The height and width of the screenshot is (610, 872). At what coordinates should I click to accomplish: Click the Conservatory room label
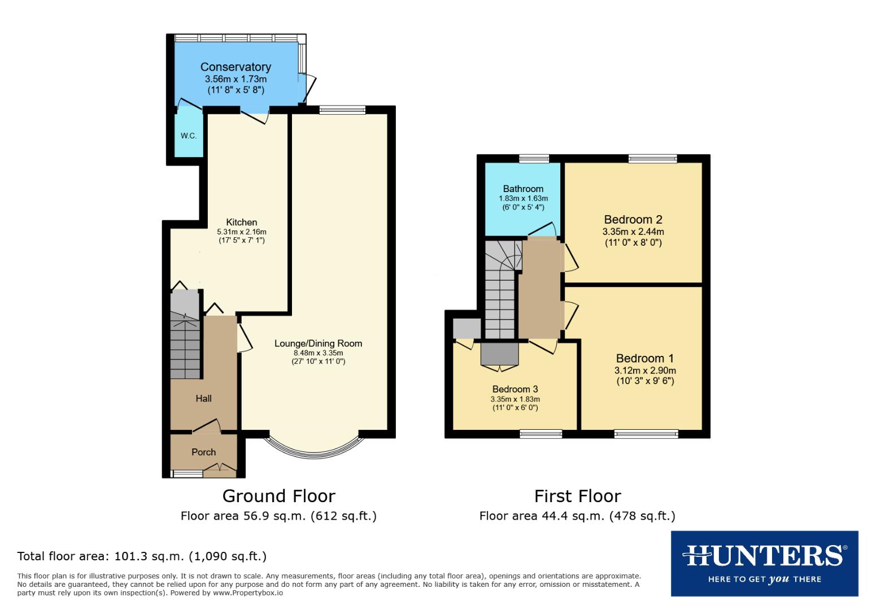pos(236,67)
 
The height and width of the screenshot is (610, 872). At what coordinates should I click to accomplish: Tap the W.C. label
pos(189,136)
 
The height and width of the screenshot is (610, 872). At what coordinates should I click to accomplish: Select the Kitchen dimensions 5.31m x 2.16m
pos(241,232)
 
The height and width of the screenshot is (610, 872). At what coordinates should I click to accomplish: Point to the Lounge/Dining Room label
pos(318,343)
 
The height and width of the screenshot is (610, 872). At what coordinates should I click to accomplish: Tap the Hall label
pos(203,399)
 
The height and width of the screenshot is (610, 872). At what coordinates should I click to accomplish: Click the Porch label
pos(203,452)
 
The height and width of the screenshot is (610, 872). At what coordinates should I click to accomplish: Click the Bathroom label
pos(523,189)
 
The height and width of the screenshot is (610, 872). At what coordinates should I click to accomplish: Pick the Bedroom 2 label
pos(633,220)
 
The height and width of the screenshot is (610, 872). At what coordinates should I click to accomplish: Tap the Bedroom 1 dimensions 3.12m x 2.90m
pos(645,371)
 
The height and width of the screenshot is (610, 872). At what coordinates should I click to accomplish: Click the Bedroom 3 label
pos(515,389)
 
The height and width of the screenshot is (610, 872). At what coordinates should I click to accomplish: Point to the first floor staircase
pos(500,288)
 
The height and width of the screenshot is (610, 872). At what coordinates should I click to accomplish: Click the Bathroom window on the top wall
pos(534,159)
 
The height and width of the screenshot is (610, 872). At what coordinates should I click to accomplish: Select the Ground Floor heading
pos(278,496)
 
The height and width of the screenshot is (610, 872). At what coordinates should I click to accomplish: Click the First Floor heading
pos(577,496)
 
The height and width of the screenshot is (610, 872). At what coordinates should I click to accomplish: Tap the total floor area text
pos(142,556)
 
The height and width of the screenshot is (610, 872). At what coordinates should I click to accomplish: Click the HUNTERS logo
pos(764,563)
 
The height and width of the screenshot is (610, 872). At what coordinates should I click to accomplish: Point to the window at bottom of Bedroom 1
pos(646,434)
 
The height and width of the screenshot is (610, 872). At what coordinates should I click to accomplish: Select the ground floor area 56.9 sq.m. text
pos(278,516)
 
